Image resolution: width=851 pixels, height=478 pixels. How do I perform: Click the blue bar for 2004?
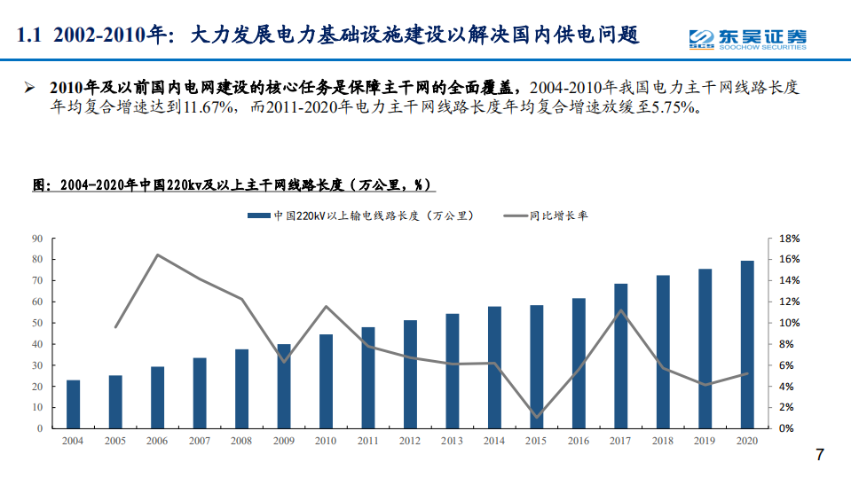click(73, 404)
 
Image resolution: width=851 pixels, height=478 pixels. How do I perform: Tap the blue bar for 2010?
click(327, 381)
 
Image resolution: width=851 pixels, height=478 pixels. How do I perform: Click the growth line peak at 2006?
click(157, 255)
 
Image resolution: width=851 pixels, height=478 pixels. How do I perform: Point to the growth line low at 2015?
click(537, 417)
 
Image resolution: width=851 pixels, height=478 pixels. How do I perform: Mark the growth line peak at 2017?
click(621, 310)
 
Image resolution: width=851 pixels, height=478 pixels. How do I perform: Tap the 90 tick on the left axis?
click(37, 239)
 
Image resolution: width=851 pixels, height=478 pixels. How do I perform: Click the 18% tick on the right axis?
click(790, 239)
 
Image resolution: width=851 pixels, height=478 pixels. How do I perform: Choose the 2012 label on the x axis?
click(410, 441)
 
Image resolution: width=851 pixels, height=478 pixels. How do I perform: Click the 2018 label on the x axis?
click(663, 441)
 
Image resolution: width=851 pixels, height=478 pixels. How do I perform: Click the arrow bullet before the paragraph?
click(30, 88)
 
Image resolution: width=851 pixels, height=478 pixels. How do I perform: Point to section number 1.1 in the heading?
click(30, 36)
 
